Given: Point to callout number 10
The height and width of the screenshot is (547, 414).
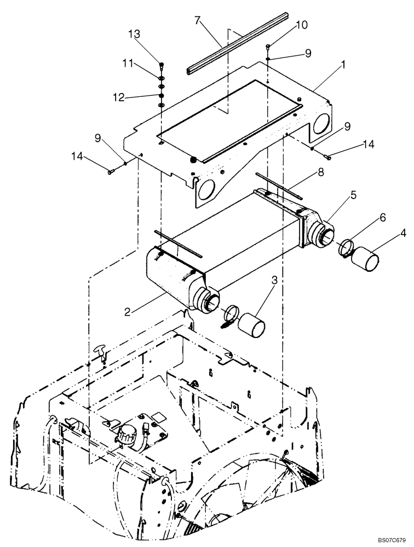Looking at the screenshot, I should coord(302,26).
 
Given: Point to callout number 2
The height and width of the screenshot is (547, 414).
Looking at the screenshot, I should coord(127,312).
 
